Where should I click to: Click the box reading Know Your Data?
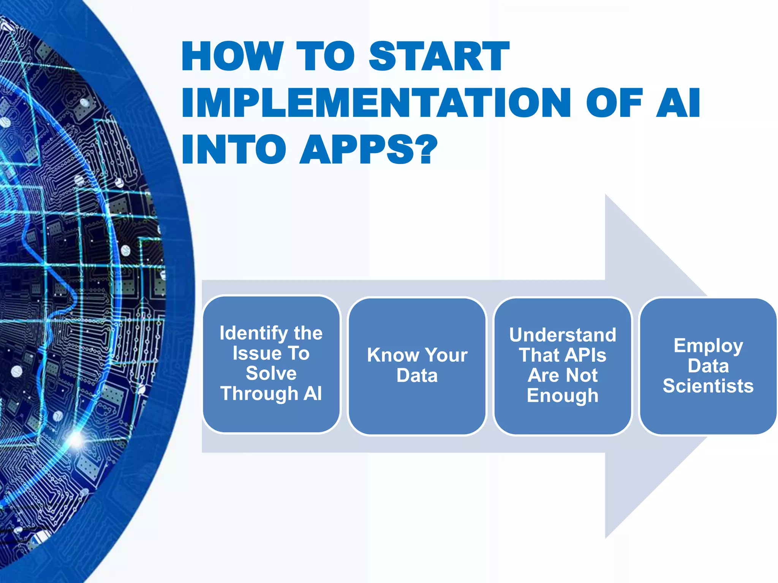417,366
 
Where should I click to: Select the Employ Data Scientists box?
708,366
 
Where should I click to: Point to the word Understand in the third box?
563,335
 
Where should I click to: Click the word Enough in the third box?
563,395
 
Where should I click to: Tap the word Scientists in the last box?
708,386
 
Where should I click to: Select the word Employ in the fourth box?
708,346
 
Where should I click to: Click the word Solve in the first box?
271,373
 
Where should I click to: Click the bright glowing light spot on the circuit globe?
76,440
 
